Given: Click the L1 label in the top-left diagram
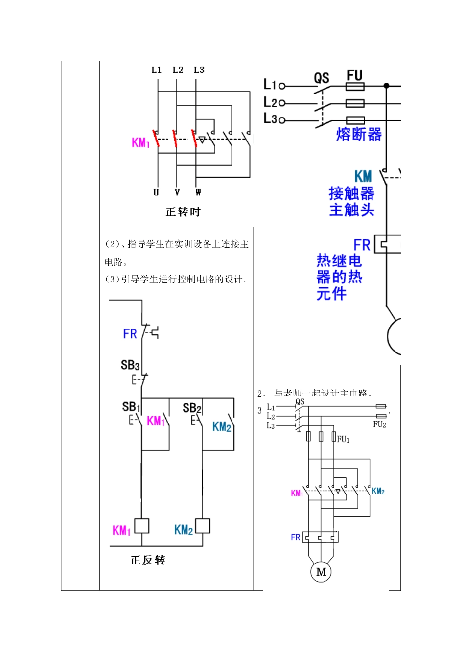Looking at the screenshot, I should pyautogui.click(x=156, y=70).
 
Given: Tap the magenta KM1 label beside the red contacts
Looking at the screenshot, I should pyautogui.click(x=140, y=142).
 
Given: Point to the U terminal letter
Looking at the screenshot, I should pyautogui.click(x=156, y=192).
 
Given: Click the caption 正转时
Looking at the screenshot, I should pyautogui.click(x=183, y=212).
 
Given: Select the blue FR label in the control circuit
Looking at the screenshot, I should pyautogui.click(x=130, y=334).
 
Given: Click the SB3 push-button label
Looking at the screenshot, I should pyautogui.click(x=130, y=365).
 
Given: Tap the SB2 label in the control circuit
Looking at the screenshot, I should pyautogui.click(x=192, y=407).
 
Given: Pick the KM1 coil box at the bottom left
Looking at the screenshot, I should pyautogui.click(x=141, y=526).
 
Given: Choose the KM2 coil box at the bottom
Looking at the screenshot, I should pyautogui.click(x=202, y=526).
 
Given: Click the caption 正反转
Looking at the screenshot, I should pyautogui.click(x=148, y=560).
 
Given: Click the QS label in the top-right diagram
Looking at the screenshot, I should pyautogui.click(x=322, y=78).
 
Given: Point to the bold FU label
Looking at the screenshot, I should pyautogui.click(x=354, y=75).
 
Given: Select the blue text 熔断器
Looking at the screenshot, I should pyautogui.click(x=359, y=134).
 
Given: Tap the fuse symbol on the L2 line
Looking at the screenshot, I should pyautogui.click(x=355, y=103).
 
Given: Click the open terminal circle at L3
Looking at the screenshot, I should pyautogui.click(x=282, y=120).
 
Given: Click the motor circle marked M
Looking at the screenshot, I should pyautogui.click(x=321, y=571).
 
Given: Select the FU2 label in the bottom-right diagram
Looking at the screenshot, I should pyautogui.click(x=380, y=424).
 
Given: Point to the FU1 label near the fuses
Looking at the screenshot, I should pyautogui.click(x=343, y=440).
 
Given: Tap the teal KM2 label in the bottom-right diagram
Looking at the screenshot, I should pyautogui.click(x=378, y=491).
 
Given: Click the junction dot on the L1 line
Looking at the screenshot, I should pyautogui.click(x=386, y=86).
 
